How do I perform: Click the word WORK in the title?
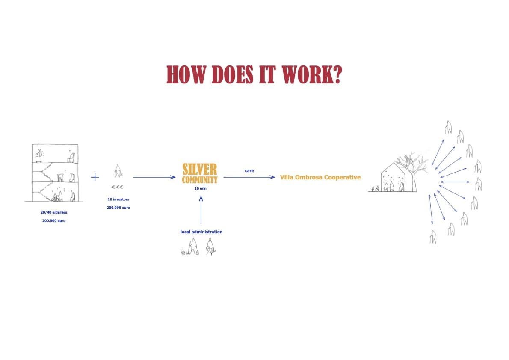tap(305, 75)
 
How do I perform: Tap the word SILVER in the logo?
tap(200, 169)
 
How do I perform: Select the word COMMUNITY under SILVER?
tap(200, 180)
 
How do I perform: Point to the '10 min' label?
tap(200, 188)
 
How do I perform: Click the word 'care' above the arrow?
tap(249, 171)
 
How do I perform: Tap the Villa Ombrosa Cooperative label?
tap(320, 177)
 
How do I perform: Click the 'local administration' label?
tap(201, 232)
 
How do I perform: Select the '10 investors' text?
tap(118, 199)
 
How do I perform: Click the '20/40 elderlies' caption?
tap(53, 212)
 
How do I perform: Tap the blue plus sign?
tap(95, 177)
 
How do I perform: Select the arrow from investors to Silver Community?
tap(154, 177)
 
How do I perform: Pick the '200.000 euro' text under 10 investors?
tap(118, 208)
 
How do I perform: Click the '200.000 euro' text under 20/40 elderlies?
tap(53, 220)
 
